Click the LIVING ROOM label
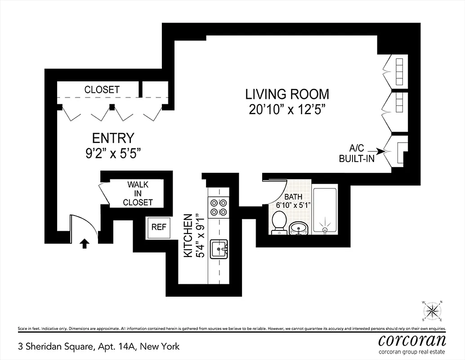pyautogui.click(x=287, y=94)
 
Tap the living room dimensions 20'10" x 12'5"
pyautogui.click(x=287, y=109)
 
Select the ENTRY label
pyautogui.click(x=113, y=138)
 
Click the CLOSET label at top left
pyautogui.click(x=102, y=90)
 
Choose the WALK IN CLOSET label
pyautogui.click(x=138, y=193)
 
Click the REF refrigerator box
pyautogui.click(x=158, y=227)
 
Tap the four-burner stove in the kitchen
pyautogui.click(x=219, y=207)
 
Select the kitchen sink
pyautogui.click(x=220, y=249)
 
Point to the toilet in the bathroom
pyautogui.click(x=279, y=222)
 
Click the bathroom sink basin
pyautogui.click(x=298, y=228)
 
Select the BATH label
pyautogui.click(x=293, y=197)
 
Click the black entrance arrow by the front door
pyautogui.click(x=85, y=243)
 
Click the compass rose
pyautogui.click(x=432, y=310)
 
